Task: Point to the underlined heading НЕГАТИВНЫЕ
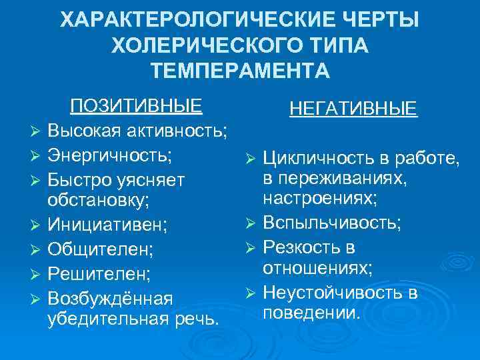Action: (x=353, y=108)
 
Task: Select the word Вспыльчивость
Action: (x=331, y=221)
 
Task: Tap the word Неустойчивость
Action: (x=329, y=291)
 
